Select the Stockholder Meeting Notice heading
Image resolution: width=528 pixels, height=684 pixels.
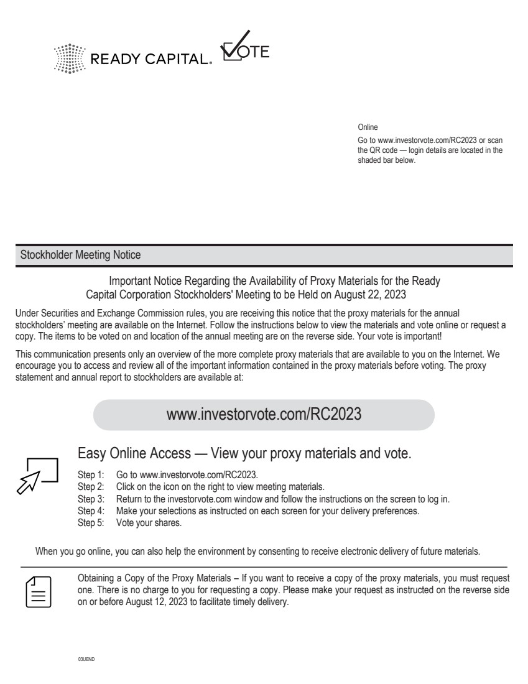[80, 255]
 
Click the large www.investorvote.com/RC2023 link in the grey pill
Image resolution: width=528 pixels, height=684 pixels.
[264, 415]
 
